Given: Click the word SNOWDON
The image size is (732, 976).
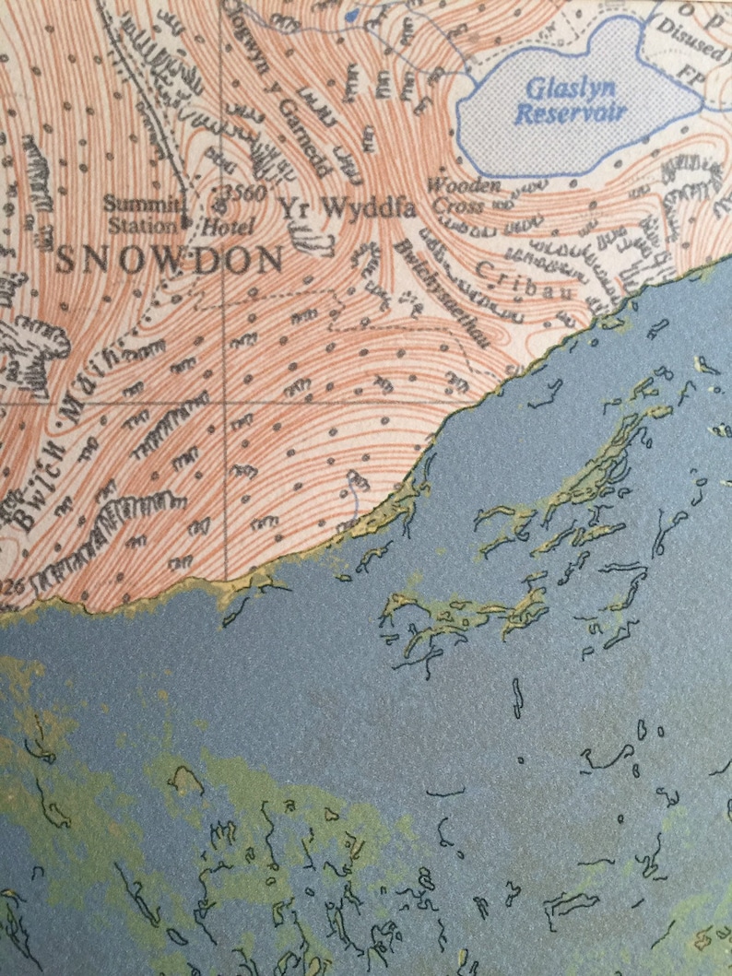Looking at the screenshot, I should [169, 260].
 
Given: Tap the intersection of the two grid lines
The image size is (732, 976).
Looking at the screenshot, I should [227, 403].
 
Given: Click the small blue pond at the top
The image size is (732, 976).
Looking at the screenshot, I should [350, 16].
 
